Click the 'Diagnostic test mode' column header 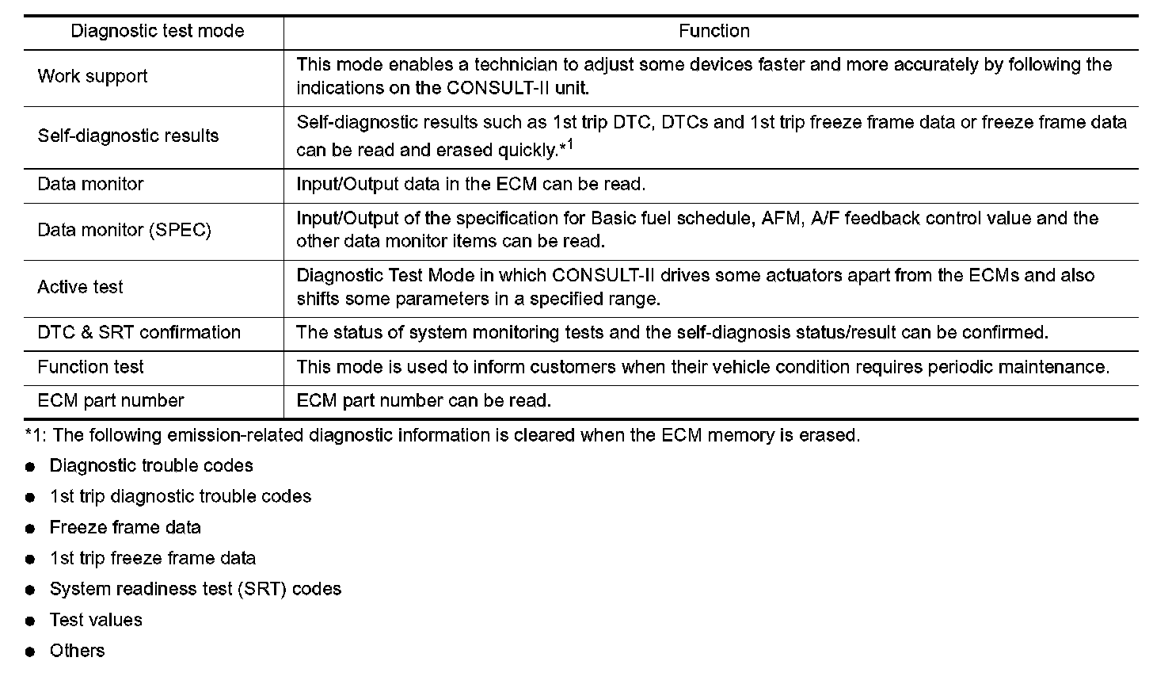tap(158, 32)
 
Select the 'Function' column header tap(713, 32)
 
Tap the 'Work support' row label tap(93, 77)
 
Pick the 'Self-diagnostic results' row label tap(128, 136)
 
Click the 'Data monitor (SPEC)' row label tap(124, 231)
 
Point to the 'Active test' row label tap(80, 287)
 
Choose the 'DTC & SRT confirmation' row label tap(139, 333)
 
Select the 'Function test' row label tap(91, 367)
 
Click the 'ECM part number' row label tap(111, 401)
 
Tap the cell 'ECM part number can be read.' tap(424, 401)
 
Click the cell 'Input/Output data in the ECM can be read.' tap(471, 185)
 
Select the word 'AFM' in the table tap(781, 219)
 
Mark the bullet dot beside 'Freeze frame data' tap(31, 529)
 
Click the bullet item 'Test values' tap(96, 620)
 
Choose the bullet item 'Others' tap(77, 651)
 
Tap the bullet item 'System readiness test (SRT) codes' tap(196, 589)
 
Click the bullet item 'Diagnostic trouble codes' tap(151, 465)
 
